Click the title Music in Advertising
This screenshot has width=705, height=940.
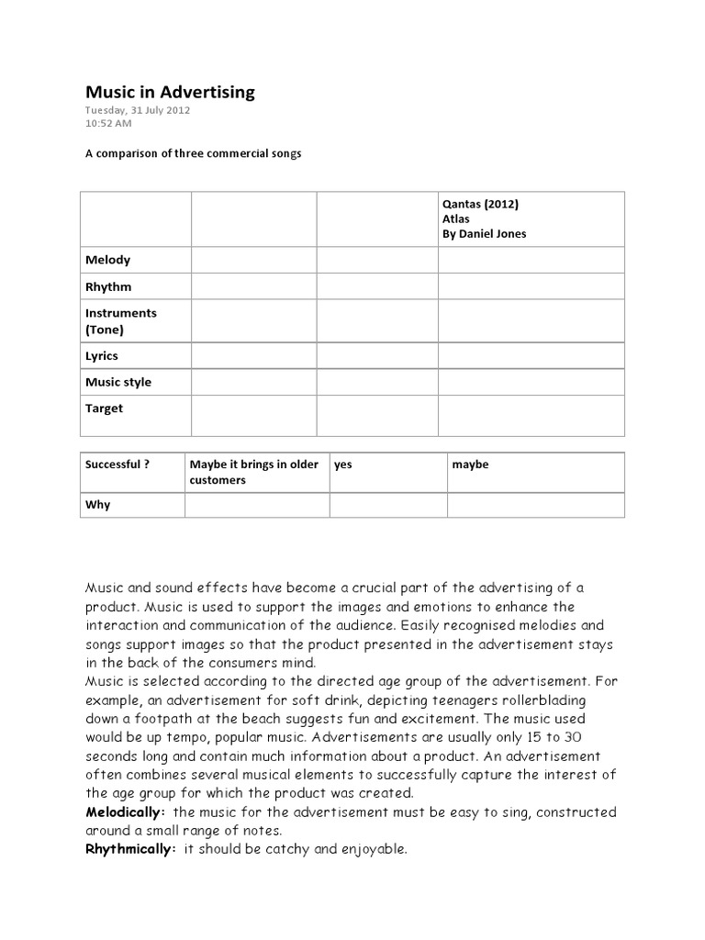click(x=170, y=92)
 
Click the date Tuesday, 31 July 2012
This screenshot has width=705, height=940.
click(x=138, y=110)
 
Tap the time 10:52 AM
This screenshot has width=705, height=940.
click(x=108, y=124)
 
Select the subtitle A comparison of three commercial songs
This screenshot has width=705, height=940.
click(x=193, y=153)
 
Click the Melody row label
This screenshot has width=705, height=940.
click(x=107, y=260)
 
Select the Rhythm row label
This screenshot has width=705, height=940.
click(x=108, y=286)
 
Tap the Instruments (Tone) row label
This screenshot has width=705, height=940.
click(x=120, y=320)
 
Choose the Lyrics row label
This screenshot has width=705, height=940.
click(x=102, y=355)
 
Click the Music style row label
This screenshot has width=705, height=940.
click(x=118, y=382)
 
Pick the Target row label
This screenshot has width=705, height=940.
click(x=104, y=408)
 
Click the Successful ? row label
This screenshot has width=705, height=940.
click(x=117, y=464)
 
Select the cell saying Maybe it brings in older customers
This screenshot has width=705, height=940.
click(x=253, y=472)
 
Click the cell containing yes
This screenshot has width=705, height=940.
click(x=343, y=464)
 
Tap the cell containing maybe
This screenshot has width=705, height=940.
click(x=470, y=464)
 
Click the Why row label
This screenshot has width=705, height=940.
click(x=97, y=505)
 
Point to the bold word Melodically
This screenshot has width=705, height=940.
click(x=125, y=812)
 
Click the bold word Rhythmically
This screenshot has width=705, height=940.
click(x=129, y=849)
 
